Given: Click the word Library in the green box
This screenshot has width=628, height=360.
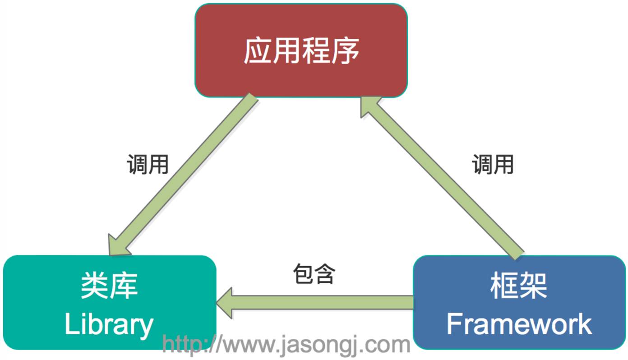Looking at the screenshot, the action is point(109,324).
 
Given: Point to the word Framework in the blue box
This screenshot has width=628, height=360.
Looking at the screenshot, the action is point(519,324).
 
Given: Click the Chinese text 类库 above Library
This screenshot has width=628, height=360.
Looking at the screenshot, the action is point(109,286).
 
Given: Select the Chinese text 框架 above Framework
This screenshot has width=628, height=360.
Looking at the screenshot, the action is point(519,286).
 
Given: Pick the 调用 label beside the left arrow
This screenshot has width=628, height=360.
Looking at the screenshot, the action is point(148,164).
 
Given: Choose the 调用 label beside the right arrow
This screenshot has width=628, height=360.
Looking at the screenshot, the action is point(493,164).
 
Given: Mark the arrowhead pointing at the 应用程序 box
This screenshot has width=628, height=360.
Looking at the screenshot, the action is point(369,106).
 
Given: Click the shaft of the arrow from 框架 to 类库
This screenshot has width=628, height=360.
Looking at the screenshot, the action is point(325,303).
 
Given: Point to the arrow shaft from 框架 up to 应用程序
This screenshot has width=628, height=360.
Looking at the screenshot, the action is point(447,180).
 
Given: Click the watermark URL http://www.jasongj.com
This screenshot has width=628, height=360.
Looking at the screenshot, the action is point(286,345).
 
